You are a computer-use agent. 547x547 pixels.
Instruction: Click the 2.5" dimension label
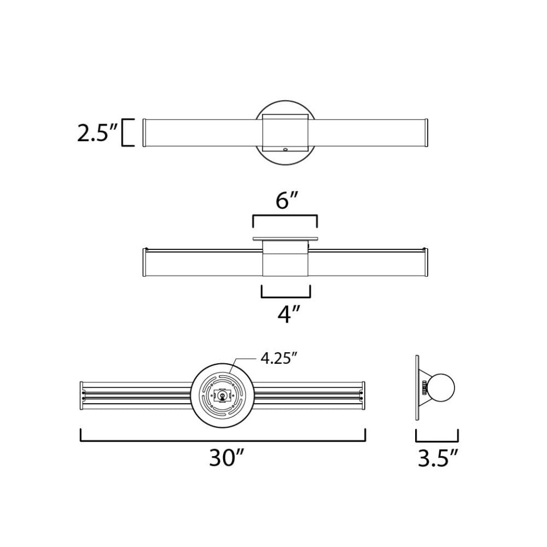(x=97, y=133)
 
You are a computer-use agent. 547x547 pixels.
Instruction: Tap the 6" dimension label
(x=284, y=201)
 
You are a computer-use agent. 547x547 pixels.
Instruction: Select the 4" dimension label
(x=286, y=315)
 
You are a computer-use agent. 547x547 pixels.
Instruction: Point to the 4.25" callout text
(x=278, y=358)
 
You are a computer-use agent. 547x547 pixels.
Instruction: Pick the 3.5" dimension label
(x=438, y=458)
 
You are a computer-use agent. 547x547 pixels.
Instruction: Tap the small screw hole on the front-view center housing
(x=285, y=148)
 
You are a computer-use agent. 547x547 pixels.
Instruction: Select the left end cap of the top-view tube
(x=144, y=132)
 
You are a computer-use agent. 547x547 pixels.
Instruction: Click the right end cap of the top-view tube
(x=426, y=132)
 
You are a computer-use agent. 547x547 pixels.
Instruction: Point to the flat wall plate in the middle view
(x=285, y=238)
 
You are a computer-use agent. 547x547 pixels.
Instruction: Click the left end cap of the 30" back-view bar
(x=82, y=395)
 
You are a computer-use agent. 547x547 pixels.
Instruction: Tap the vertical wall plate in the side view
(x=417, y=387)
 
